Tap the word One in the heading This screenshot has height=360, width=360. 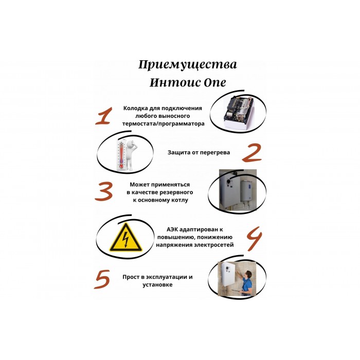coord(214,82)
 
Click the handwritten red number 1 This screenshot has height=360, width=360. coord(104,116)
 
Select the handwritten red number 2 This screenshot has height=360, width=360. coord(252,153)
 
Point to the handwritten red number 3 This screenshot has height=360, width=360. coord(103,191)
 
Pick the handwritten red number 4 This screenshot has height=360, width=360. coord(255,239)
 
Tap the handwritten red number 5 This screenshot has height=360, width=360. coord(102,279)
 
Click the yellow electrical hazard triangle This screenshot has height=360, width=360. coord(125,237)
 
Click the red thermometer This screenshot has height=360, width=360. coord(121,155)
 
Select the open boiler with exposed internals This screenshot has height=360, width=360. coord(239,112)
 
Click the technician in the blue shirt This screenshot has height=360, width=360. coord(246,283)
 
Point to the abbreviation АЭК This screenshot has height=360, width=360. coord(172,229)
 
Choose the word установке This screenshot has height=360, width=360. coord(157,285)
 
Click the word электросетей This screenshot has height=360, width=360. coord(214,245)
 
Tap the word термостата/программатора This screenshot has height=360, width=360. coord(163,124)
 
